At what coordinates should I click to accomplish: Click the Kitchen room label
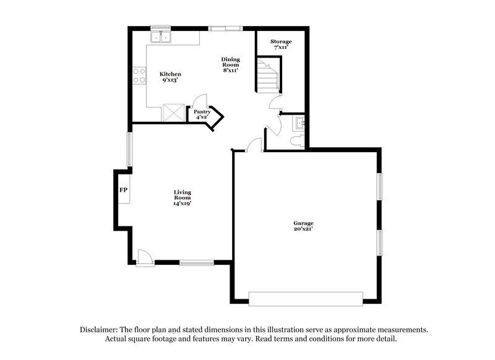170,77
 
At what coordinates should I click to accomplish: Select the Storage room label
281,45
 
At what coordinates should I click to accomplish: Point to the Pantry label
202,114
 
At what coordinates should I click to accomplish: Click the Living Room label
182,198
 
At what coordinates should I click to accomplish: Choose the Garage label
303,226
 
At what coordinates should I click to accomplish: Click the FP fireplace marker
123,189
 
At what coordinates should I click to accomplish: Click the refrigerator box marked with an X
174,113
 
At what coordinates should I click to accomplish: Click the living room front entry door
145,257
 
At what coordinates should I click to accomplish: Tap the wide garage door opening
305,298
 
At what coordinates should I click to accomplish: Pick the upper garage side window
380,186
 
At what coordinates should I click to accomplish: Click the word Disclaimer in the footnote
101,330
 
